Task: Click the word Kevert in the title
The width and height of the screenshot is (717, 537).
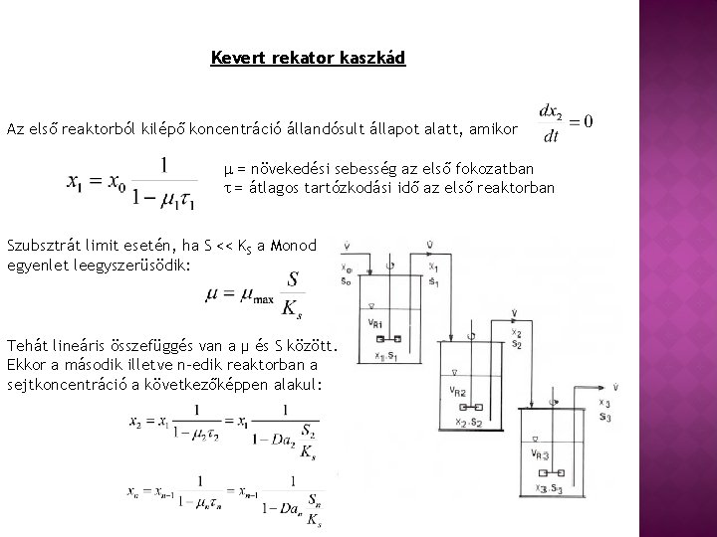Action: click(234, 58)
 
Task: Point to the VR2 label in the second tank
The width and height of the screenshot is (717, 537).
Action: click(459, 390)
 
